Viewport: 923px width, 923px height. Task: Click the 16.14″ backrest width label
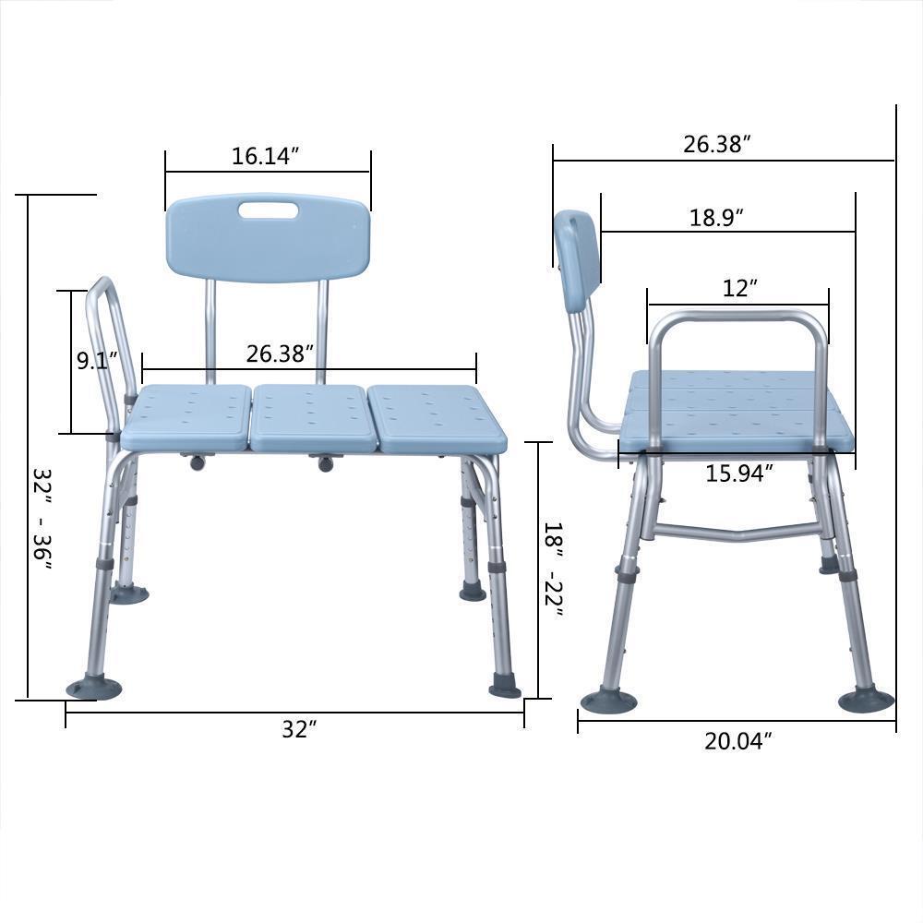[267, 156]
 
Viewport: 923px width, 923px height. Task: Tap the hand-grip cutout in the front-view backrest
[268, 211]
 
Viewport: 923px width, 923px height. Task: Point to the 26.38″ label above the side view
[716, 144]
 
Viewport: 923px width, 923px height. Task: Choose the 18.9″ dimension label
[716, 218]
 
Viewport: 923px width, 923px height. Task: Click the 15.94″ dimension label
[738, 473]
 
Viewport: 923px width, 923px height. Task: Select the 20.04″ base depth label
[737, 740]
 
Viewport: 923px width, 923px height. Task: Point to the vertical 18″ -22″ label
[553, 569]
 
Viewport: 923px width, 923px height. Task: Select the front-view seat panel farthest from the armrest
[436, 417]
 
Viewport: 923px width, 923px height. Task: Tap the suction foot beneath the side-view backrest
[607, 701]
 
